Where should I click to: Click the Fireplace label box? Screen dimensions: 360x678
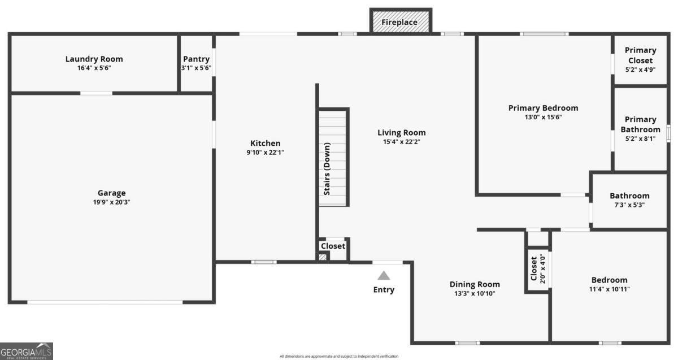coord(400,22)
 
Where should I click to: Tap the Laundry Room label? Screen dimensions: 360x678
coord(94,59)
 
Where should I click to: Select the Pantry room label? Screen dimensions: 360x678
coord(196,59)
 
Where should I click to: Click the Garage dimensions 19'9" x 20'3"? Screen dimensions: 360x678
coord(111,202)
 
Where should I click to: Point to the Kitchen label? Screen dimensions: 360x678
coord(265,143)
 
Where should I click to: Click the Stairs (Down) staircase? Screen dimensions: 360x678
coord(333,158)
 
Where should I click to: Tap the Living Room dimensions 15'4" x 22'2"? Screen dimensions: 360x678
coord(401,142)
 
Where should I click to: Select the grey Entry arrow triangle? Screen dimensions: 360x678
coord(384,276)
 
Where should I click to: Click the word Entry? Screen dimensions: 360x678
coord(384,290)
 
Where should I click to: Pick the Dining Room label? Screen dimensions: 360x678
coord(475,284)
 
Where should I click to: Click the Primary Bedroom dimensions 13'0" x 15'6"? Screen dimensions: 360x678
coord(543,118)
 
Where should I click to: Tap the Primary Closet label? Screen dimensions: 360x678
coord(640,55)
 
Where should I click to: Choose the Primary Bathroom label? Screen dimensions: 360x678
coord(640,124)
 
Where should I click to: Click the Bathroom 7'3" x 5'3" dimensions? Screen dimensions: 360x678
coord(629,205)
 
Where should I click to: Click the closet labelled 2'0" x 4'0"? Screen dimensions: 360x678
coord(537,269)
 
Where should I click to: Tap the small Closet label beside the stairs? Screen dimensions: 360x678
coord(333,246)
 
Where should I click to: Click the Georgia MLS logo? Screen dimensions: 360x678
coord(27,351)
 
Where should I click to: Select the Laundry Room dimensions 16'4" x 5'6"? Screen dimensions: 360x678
coord(94,68)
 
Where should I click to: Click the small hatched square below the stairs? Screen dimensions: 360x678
coord(323,257)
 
